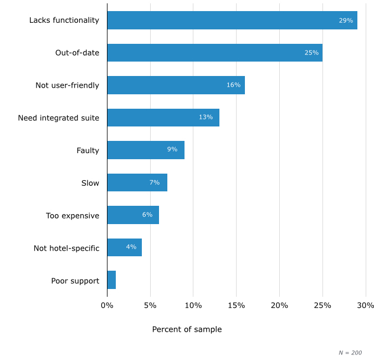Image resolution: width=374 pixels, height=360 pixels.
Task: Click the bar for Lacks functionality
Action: tap(232, 21)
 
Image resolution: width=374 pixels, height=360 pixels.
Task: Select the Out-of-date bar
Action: tap(214, 53)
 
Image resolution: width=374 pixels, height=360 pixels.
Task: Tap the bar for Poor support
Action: tap(111, 280)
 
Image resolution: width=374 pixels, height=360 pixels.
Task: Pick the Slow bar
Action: tap(137, 182)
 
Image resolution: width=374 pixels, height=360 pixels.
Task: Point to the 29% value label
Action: tap(346, 21)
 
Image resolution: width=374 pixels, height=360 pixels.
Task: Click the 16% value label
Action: tap(233, 85)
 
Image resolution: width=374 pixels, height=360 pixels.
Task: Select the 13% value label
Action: tap(206, 118)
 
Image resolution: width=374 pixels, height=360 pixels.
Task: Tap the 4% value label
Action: tap(131, 247)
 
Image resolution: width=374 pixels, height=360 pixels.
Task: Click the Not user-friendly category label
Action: tap(67, 85)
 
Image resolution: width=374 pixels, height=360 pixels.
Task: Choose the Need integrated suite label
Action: tap(58, 118)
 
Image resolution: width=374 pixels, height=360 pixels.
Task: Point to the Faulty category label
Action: tap(88, 150)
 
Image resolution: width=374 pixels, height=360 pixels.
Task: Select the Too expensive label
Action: tap(73, 215)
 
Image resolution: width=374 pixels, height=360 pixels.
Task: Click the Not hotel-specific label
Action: tap(66, 248)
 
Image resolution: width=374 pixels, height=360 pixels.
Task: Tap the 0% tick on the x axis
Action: tap(107, 306)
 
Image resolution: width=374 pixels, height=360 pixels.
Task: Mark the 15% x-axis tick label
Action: tap(237, 306)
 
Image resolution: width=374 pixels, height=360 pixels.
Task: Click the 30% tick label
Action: tap(366, 306)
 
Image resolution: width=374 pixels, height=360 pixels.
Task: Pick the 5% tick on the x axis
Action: tap(150, 306)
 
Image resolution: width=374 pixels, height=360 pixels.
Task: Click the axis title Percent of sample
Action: tap(187, 329)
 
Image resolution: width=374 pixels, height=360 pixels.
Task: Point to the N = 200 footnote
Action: tap(350, 353)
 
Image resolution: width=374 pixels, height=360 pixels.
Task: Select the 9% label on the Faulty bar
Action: tap(172, 150)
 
